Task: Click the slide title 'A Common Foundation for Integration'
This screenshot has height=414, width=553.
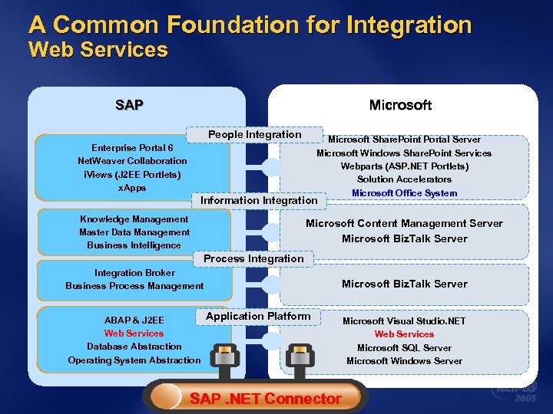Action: click(x=250, y=25)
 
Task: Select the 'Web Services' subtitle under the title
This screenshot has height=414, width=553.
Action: click(x=98, y=51)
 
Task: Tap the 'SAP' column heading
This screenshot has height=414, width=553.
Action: click(x=129, y=104)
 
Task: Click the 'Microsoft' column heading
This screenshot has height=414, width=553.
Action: click(x=400, y=104)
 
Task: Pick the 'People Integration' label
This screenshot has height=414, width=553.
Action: click(x=255, y=135)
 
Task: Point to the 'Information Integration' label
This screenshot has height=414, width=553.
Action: click(x=259, y=201)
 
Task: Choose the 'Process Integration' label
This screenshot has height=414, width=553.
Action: click(x=253, y=259)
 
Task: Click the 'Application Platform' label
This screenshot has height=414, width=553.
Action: click(x=258, y=316)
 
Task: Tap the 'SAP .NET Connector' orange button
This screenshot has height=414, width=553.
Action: click(x=265, y=398)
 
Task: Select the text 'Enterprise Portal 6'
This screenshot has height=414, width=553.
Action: click(x=132, y=147)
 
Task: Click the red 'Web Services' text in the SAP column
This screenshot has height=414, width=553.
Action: click(x=134, y=333)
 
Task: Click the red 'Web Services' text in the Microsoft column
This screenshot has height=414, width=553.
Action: click(x=404, y=334)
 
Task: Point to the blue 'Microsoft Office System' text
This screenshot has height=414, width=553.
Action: click(x=404, y=193)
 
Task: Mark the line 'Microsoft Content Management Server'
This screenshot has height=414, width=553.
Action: click(x=404, y=224)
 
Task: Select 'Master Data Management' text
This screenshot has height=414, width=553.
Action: click(x=134, y=232)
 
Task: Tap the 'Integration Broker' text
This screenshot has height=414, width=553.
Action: click(x=134, y=273)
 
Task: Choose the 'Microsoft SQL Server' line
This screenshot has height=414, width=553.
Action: click(x=404, y=348)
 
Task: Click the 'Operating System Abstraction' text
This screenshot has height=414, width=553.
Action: click(x=134, y=360)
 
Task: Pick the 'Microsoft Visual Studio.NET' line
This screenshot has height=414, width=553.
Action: click(x=404, y=321)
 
